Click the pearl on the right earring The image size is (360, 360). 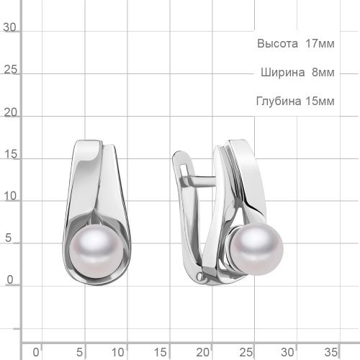tap(256, 249)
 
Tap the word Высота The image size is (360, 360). tap(277, 44)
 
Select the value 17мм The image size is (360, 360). tap(320, 44)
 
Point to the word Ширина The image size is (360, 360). tap(283, 72)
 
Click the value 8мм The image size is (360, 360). tap(323, 72)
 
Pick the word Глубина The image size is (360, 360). tap(279, 101)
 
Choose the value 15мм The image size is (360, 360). tap(320, 101)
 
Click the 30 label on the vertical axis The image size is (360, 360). tap(9, 27)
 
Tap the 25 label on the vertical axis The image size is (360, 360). tap(11, 70)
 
